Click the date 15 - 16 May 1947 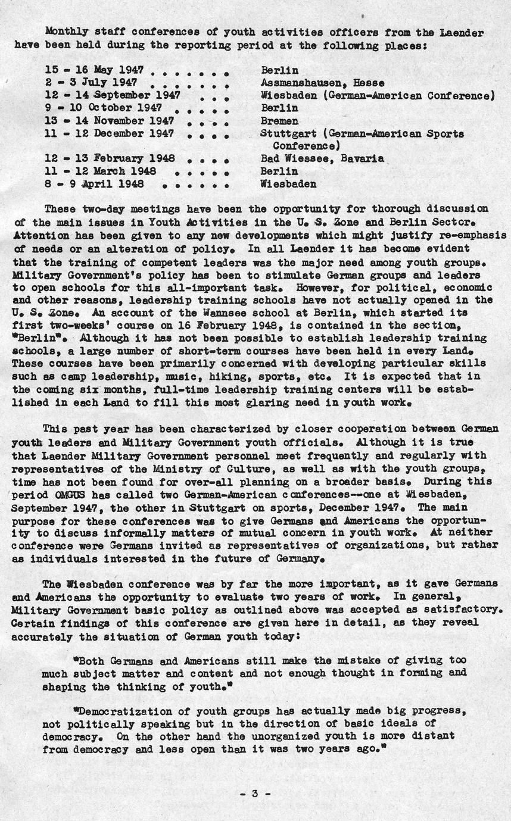tap(94, 71)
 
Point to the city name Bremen tap(279, 121)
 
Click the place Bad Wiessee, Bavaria tap(322, 159)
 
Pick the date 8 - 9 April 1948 tap(94, 184)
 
